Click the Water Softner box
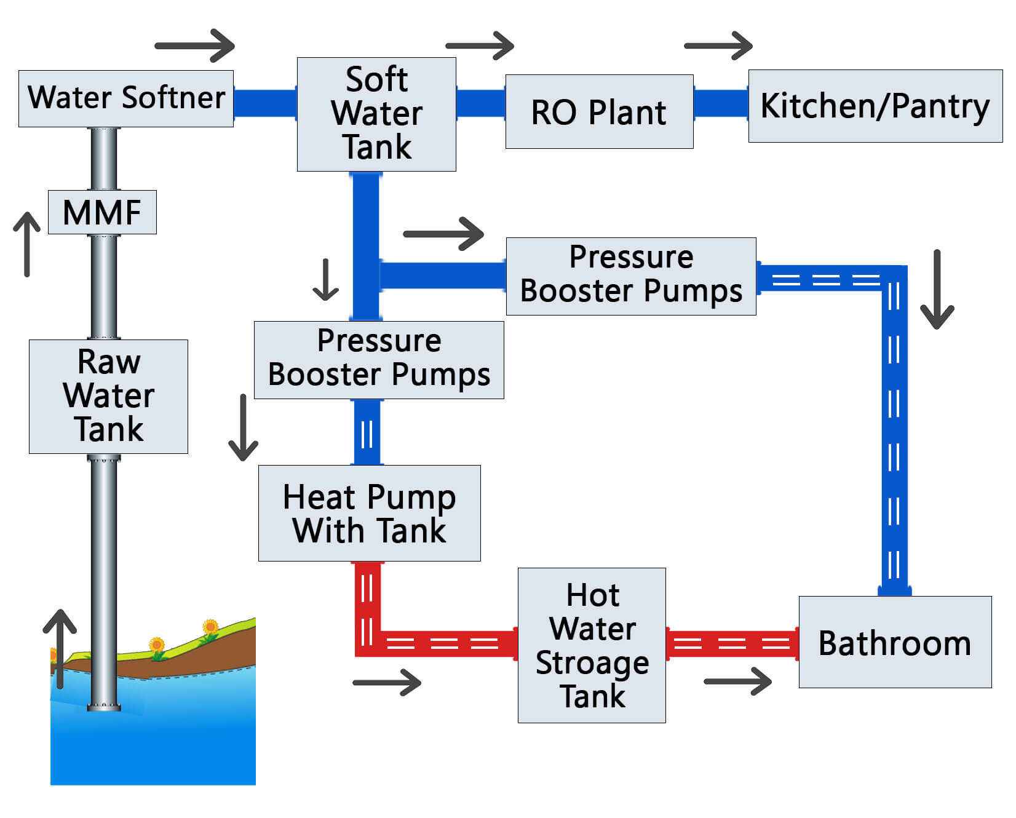point(126,98)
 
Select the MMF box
point(102,212)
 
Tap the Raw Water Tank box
point(108,396)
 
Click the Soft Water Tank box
point(376,114)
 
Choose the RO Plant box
point(599,111)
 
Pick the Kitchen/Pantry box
point(875,106)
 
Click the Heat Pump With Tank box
point(369,513)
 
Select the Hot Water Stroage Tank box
point(592,645)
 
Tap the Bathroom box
point(895,642)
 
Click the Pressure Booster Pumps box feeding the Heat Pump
point(379,360)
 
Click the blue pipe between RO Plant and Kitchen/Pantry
point(721,103)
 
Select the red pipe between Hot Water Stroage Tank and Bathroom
point(732,644)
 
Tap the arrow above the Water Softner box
point(196,46)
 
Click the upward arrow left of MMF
point(27,244)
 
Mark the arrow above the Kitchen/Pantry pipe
point(718,46)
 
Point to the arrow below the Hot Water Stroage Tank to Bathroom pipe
point(738,681)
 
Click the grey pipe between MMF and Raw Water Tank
point(104,287)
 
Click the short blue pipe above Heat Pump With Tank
point(367,432)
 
